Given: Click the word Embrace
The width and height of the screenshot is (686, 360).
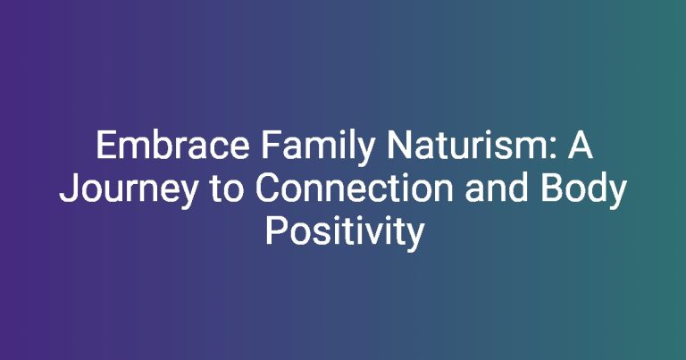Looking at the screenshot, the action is [x=172, y=146].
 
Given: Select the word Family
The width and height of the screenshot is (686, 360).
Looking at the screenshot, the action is [x=318, y=148].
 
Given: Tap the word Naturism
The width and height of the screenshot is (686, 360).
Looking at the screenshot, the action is [x=467, y=146].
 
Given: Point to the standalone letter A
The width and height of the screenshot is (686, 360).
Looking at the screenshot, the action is [x=580, y=146].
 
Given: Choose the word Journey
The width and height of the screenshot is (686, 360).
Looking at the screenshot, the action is [x=129, y=191].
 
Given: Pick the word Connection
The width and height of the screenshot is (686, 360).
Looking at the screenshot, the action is [x=355, y=188].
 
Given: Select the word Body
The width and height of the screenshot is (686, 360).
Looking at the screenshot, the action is [x=584, y=191].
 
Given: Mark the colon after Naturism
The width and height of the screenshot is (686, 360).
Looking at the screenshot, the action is [x=553, y=148].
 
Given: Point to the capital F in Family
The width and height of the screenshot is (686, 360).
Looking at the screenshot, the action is [x=271, y=146].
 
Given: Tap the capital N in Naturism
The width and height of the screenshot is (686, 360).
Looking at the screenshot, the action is [x=398, y=146].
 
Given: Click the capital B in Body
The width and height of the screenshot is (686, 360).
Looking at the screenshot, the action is [x=552, y=188].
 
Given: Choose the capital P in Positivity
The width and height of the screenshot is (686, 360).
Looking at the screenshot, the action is [x=275, y=231].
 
